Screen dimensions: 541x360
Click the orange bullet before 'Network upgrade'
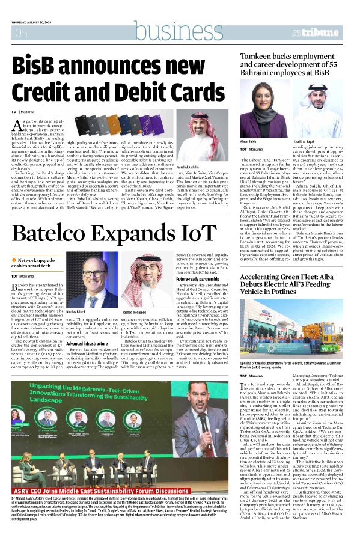(x=14, y=259)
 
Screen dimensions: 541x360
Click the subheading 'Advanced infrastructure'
(x=88, y=343)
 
